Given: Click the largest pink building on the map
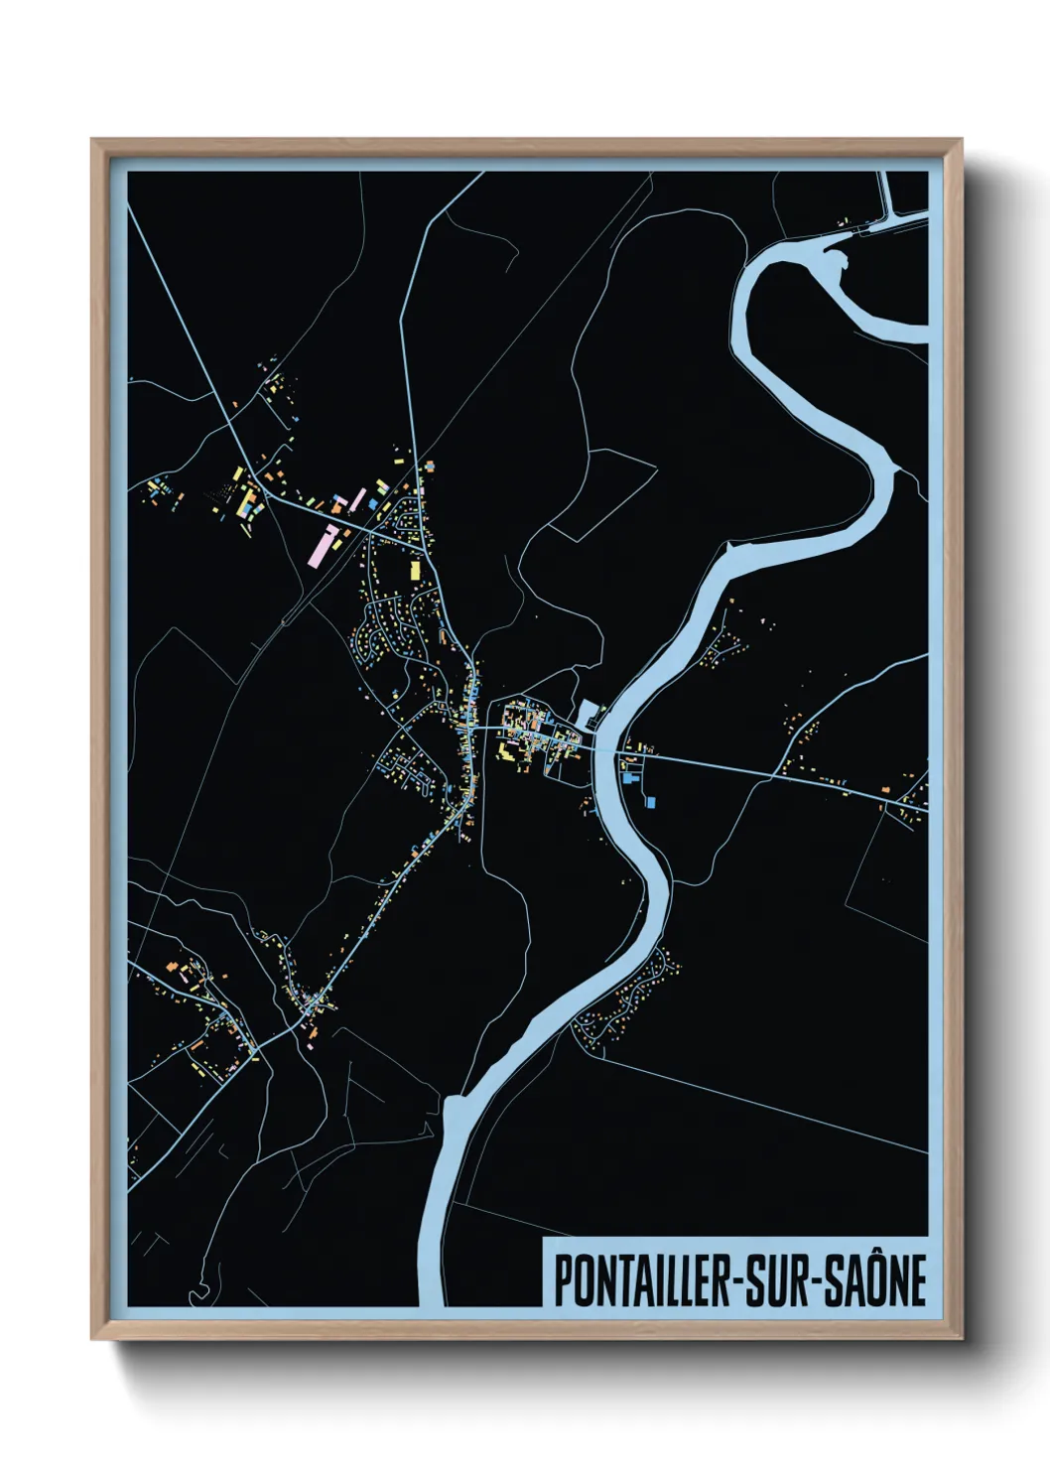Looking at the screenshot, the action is [x=324, y=545].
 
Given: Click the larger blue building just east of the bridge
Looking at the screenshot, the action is [x=651, y=801].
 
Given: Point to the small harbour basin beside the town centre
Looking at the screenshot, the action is [x=588, y=712].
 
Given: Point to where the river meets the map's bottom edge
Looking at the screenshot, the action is [x=434, y=1302].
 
